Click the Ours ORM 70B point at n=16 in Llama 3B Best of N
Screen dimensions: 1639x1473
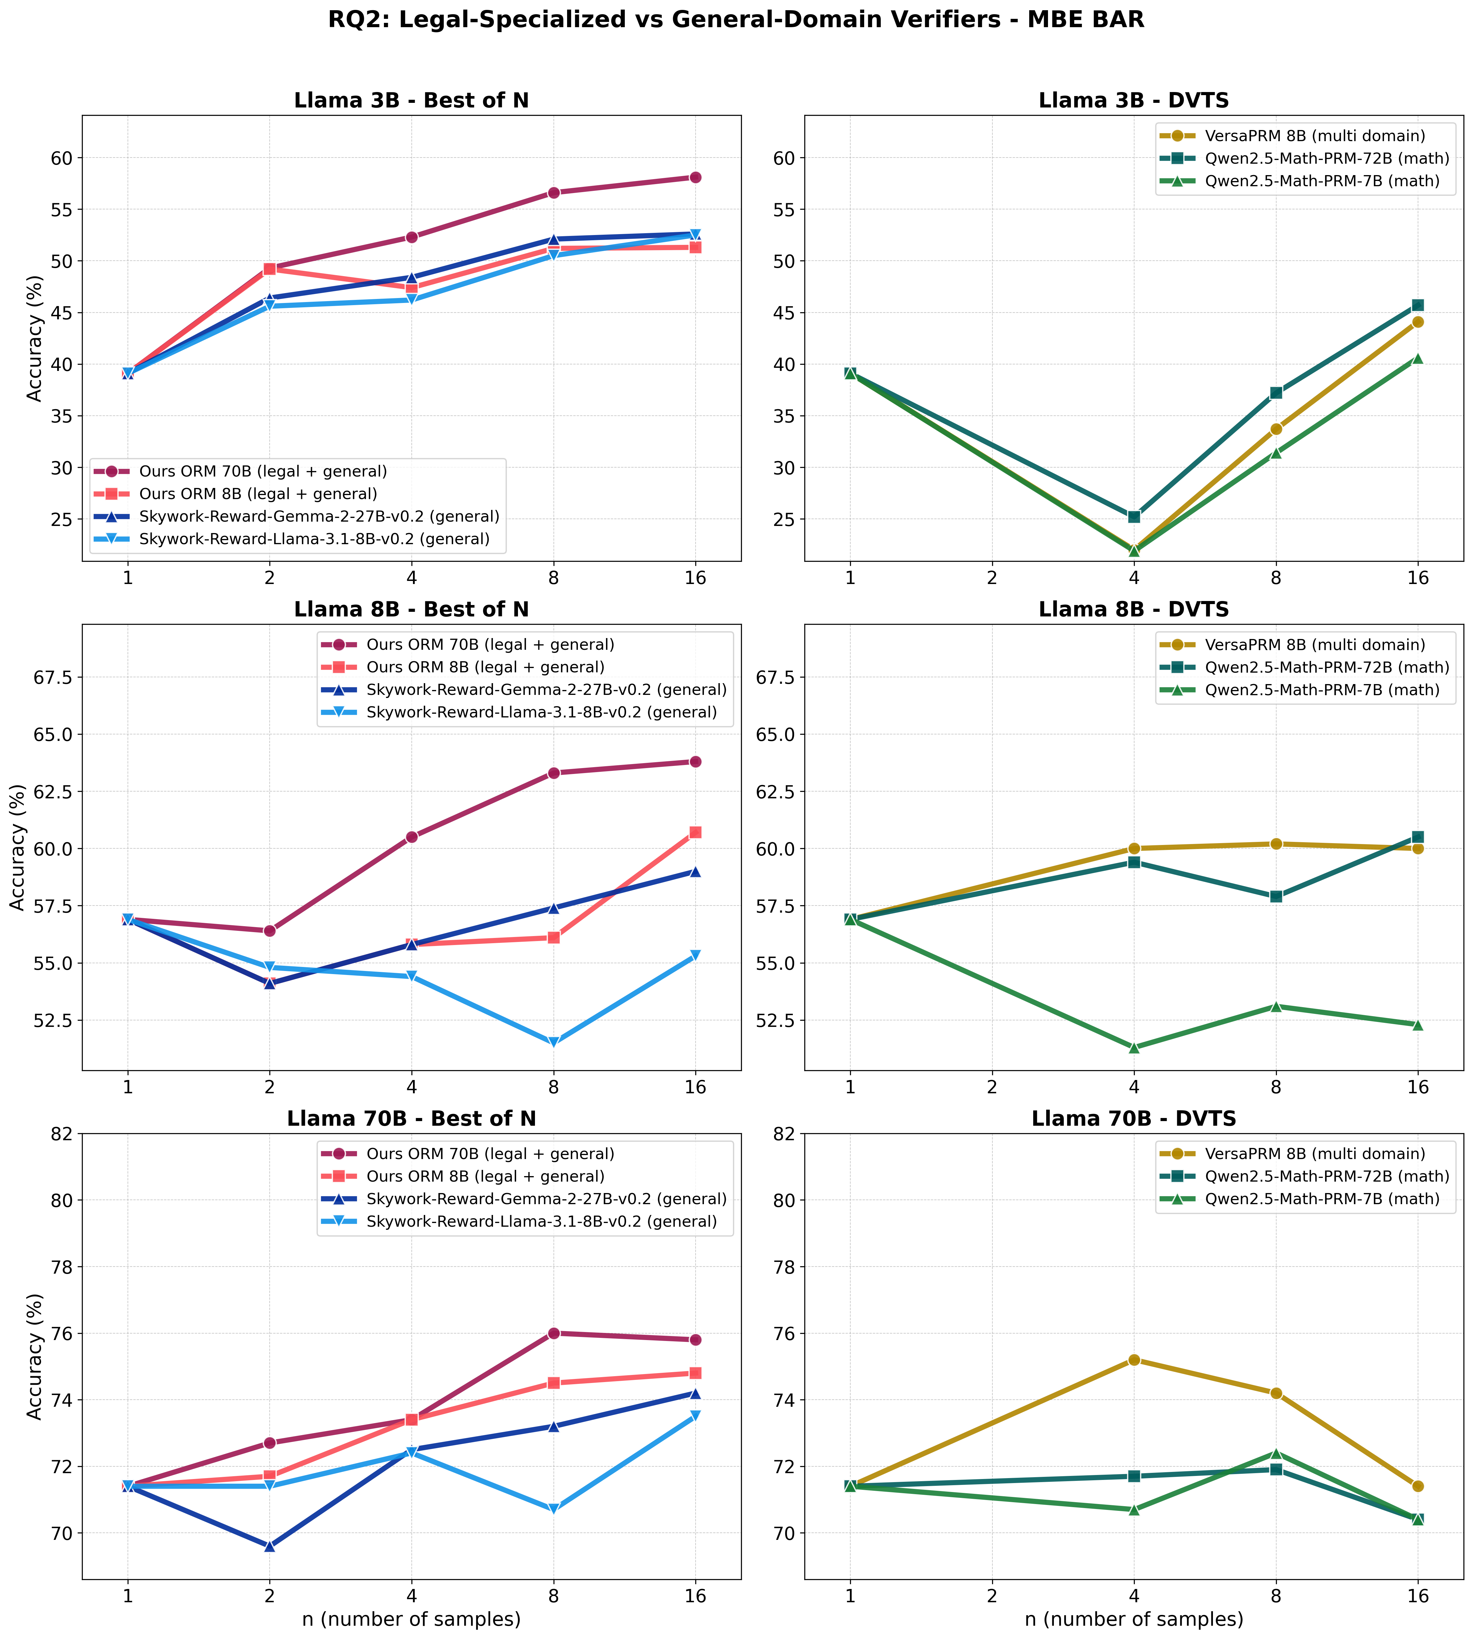(x=695, y=177)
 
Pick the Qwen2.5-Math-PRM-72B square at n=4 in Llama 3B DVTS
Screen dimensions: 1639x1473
(x=1134, y=516)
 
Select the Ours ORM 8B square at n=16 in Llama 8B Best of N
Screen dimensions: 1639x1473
(x=695, y=832)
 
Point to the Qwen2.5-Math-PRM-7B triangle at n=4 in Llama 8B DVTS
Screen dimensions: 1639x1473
(x=1134, y=1047)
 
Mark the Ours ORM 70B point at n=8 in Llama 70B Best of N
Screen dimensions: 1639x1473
(x=553, y=1333)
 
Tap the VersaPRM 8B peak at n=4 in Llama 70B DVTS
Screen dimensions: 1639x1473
(x=1134, y=1360)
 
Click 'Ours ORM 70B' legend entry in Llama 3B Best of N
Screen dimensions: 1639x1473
(x=262, y=471)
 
